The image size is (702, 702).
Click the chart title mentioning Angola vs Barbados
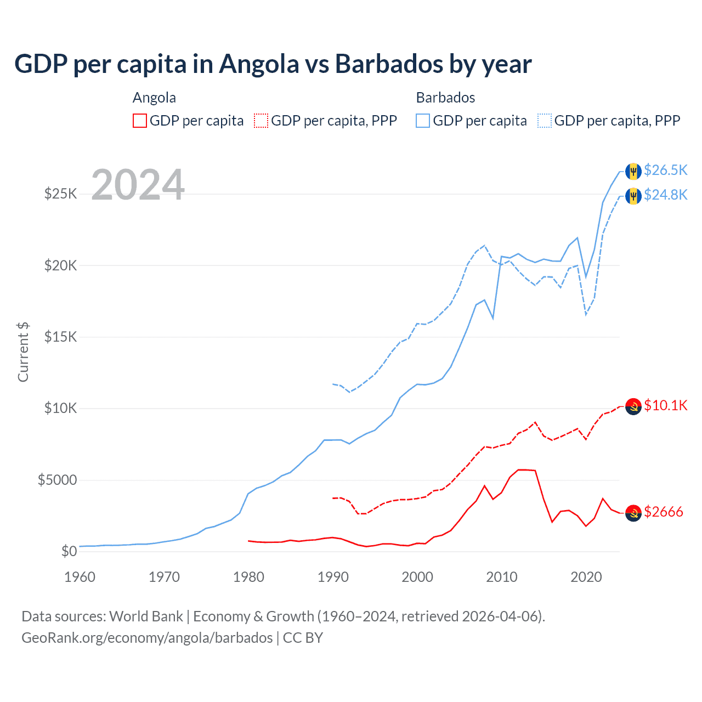coord(273,64)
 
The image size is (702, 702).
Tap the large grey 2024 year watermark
coord(138,185)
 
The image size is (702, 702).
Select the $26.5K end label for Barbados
coord(665,170)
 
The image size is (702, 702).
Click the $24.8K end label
coord(665,195)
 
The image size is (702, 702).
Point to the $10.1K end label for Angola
coord(665,405)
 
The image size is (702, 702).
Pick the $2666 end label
coord(663,512)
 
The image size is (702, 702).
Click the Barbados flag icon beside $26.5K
coord(633,171)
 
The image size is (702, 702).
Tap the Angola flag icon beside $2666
coord(633,513)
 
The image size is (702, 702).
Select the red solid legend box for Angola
coord(140,121)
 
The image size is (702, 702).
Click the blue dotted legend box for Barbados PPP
coord(545,121)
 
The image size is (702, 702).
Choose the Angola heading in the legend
coord(154,98)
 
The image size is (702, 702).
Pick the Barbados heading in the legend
coord(445,98)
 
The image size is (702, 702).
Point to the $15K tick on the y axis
coord(60,337)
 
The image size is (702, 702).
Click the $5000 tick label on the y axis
coord(57,480)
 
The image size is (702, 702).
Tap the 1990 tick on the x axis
coord(333,577)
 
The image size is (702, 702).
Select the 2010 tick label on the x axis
coord(502,577)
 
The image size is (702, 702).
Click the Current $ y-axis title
coord(23,352)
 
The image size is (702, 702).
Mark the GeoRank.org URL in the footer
coord(147,638)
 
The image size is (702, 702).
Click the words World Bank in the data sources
coord(146,616)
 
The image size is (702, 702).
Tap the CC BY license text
coord(303,638)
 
